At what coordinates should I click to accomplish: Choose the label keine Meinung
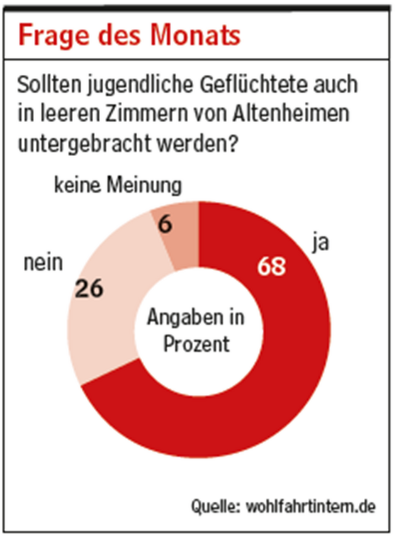tap(118, 186)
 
